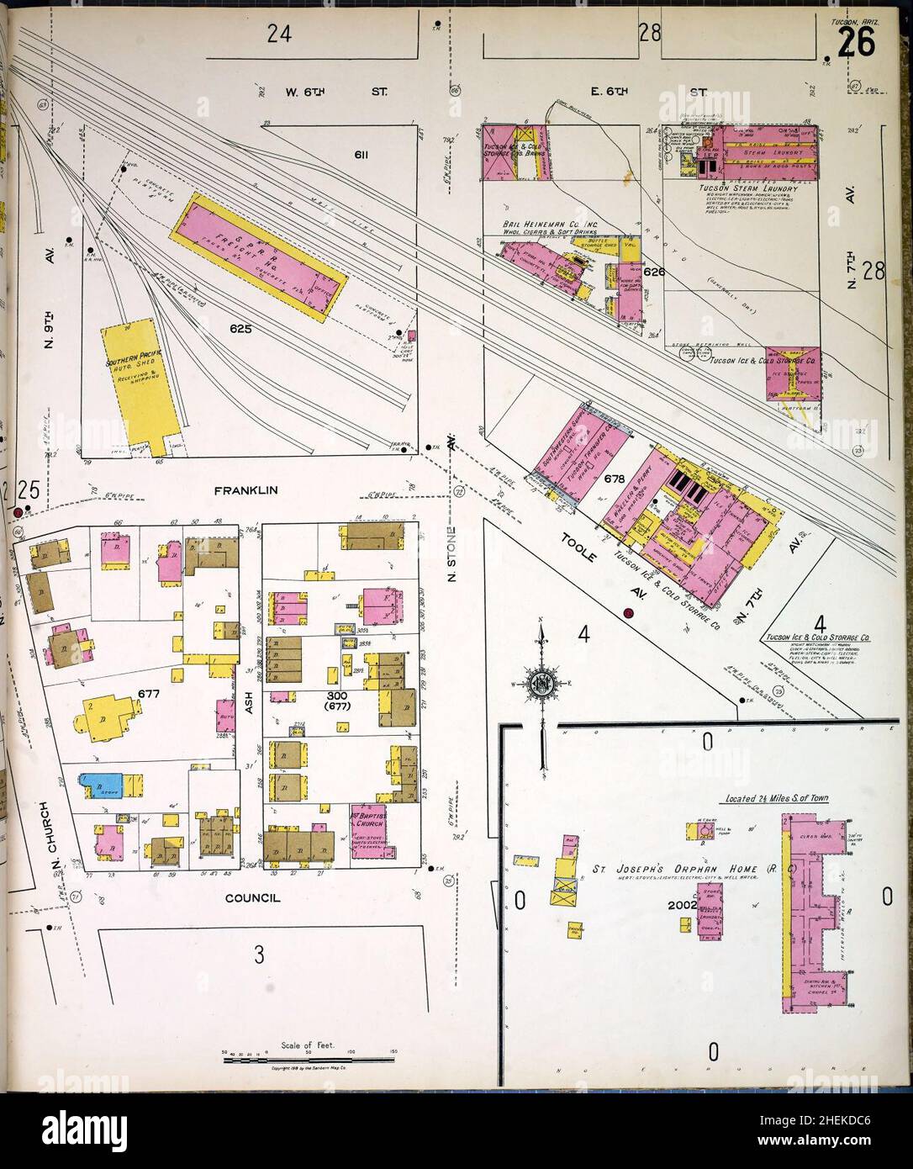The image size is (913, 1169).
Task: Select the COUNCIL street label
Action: click(x=252, y=898)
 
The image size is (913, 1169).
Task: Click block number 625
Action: click(x=241, y=330)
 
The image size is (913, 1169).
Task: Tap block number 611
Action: click(x=362, y=156)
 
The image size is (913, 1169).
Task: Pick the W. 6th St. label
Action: click(x=323, y=87)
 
